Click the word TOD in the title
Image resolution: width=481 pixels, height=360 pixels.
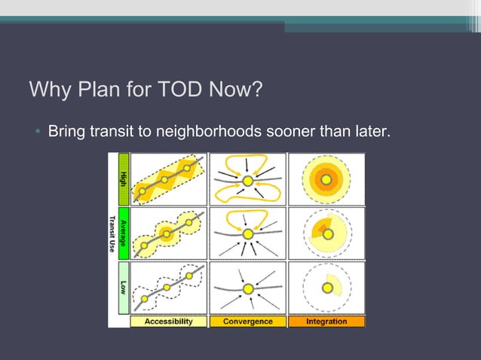coord(179,91)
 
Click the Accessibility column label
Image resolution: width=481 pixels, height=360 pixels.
coord(168,322)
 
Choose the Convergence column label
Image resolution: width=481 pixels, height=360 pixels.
coord(247,322)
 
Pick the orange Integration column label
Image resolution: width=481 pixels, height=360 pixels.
coord(326,322)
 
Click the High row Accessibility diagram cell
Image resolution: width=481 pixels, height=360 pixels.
coord(169,179)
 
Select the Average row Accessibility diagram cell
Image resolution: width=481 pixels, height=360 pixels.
coord(169,233)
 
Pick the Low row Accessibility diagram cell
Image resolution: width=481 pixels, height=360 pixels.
coord(169,288)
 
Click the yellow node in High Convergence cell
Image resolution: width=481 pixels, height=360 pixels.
coord(247,181)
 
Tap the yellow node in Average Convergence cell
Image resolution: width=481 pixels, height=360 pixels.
coord(247,235)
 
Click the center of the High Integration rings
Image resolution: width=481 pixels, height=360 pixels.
coord(326,179)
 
